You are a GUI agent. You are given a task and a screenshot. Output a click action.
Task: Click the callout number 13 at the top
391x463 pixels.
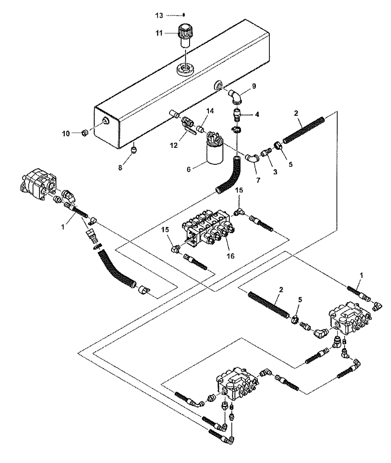coord(159,15)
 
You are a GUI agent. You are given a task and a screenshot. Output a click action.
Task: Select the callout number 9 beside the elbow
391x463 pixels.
coord(254,86)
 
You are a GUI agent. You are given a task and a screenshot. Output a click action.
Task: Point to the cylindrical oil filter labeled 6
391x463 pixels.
coord(214,152)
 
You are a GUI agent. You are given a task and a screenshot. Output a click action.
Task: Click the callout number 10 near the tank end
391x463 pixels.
coord(66,133)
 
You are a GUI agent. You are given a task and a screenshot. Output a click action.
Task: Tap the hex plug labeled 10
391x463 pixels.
coord(84,133)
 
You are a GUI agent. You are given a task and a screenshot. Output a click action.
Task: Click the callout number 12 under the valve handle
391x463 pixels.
coord(174,145)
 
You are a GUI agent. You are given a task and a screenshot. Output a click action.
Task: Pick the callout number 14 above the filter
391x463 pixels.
coord(210,111)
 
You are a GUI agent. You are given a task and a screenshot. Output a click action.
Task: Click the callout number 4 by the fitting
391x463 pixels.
coord(257,114)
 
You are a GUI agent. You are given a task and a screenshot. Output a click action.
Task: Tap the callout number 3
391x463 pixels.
coord(275,172)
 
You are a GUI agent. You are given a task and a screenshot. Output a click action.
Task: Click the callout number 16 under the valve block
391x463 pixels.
coord(230,256)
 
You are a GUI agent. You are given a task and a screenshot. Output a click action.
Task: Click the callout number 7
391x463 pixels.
coord(258,180)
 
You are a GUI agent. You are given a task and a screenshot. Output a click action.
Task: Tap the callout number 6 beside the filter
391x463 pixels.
coord(189,169)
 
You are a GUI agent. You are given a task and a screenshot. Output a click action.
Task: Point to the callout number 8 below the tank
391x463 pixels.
coord(120,167)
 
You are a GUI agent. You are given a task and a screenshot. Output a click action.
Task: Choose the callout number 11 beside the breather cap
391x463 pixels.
coord(159,33)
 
